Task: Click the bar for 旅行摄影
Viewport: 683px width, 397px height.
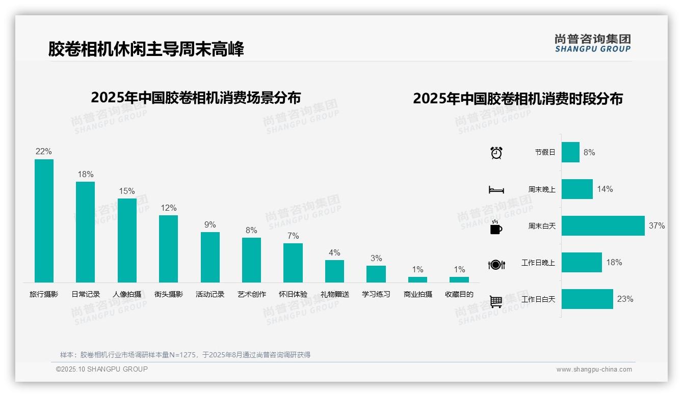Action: coord(44,221)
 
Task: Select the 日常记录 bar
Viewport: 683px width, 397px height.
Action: coord(85,232)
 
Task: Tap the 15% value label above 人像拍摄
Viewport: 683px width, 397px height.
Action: coord(127,191)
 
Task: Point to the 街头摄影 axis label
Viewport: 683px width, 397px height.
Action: coord(169,294)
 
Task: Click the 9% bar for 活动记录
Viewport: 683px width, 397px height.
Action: coord(210,257)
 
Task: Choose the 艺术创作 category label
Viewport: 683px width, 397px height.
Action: coord(252,294)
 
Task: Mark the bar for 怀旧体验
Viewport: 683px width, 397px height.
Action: coord(293,263)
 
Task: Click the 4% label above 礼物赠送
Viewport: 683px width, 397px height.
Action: coord(334,253)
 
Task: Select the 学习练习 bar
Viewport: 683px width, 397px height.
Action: coord(376,274)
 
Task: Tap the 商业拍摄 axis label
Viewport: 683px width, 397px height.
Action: coord(418,294)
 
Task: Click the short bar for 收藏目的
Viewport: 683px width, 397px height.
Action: coord(459,279)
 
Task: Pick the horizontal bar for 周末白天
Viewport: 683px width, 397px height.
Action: coord(603,226)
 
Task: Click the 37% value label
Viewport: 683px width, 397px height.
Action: coord(657,226)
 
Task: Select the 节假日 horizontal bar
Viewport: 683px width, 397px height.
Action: coord(570,152)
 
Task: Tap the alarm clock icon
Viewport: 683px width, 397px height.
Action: coord(496,153)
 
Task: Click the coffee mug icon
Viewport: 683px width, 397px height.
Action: coord(496,228)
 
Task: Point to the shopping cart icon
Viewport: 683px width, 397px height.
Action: coord(496,302)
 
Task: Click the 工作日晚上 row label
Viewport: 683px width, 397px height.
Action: coord(538,263)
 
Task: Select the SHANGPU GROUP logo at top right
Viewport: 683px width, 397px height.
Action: coord(592,43)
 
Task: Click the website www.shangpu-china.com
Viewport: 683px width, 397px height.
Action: coord(594,370)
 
